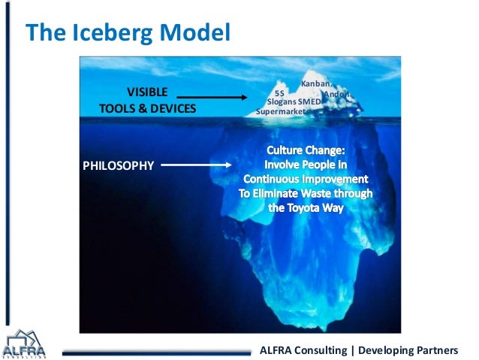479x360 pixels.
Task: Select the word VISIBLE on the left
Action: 147,92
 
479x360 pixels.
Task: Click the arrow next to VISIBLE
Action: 212,97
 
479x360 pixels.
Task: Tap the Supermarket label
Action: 282,111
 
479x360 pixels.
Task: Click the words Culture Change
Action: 305,151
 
